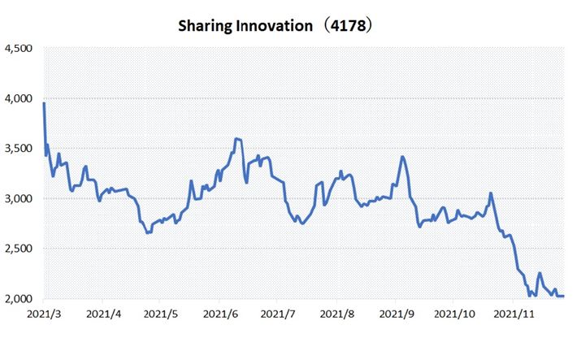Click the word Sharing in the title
click(206, 26)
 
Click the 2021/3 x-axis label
click(44, 313)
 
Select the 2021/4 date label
click(103, 313)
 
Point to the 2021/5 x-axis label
click(161, 313)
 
